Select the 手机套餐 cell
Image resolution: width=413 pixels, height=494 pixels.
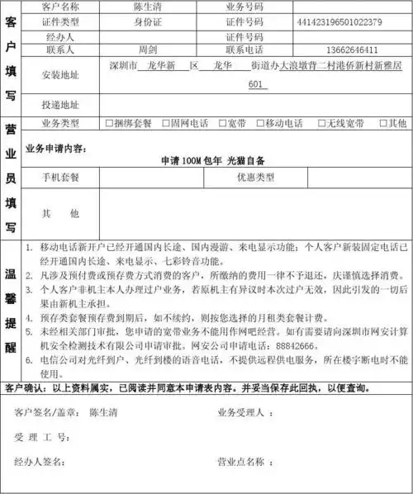[x=61, y=177]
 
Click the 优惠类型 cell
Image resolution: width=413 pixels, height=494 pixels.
[x=256, y=177]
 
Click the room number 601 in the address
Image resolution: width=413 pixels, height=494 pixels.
[x=257, y=85]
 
